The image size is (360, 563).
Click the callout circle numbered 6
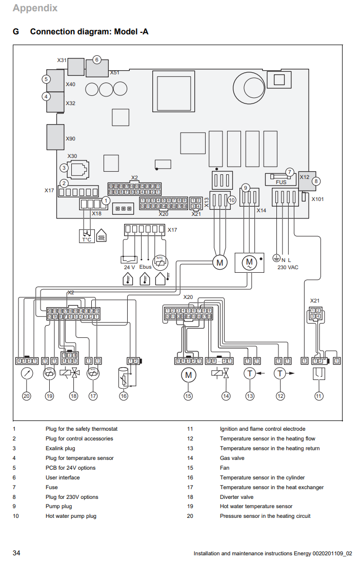97,59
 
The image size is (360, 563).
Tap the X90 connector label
70,139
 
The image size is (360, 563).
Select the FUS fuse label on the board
281,182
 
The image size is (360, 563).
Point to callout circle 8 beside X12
316,181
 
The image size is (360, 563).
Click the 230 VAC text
288,267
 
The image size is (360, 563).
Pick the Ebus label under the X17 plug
145,267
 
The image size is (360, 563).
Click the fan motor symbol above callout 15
189,374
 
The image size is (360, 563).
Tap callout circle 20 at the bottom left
26,396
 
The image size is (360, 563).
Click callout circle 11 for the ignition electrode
318,396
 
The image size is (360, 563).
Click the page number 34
17,553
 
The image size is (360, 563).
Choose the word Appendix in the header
35,8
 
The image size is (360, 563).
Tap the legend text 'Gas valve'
232,458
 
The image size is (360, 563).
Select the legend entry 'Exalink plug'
60,448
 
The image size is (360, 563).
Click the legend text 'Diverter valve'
236,497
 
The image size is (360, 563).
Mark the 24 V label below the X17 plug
129,267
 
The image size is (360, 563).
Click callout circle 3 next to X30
64,168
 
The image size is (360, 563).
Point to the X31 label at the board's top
62,61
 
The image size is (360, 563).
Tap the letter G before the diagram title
16,32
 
